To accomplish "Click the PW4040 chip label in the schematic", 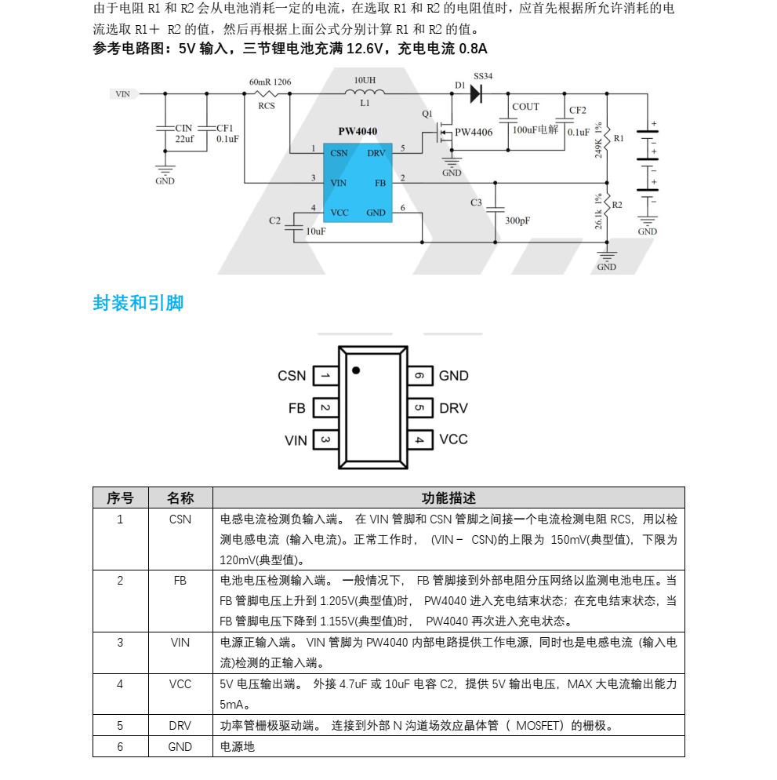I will (x=358, y=132).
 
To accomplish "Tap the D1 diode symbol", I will (x=475, y=93).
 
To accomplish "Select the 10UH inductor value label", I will (x=365, y=80).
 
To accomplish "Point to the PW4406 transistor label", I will (x=474, y=132).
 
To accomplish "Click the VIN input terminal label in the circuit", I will (x=123, y=93).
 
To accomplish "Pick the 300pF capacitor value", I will (x=517, y=221).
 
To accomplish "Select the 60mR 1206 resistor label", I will (x=270, y=82).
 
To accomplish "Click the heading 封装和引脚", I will (x=138, y=303).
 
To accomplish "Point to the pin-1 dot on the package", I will (x=356, y=370).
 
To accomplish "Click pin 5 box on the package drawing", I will (x=419, y=408).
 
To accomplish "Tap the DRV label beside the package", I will (x=453, y=408).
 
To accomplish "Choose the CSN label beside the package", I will (x=292, y=376).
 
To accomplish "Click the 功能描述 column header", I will (x=448, y=498).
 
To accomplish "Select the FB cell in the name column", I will (x=180, y=581).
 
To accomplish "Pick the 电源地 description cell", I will (x=238, y=746).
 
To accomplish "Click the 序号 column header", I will (x=120, y=498).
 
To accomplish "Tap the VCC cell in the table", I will (x=180, y=683).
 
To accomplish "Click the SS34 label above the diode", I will (x=483, y=76).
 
